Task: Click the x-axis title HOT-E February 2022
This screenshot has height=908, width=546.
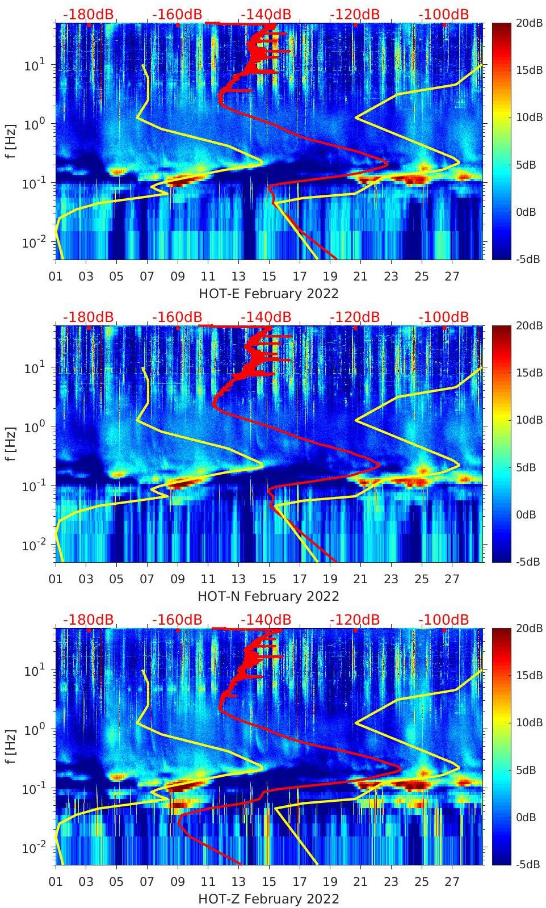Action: point(268,294)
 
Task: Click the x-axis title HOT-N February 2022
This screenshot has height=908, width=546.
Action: point(268,596)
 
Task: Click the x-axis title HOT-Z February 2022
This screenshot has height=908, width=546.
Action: point(268,899)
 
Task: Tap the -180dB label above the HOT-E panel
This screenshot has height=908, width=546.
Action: point(88,14)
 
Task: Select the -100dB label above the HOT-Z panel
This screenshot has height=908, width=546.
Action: point(444,620)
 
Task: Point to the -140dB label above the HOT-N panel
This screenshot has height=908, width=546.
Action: point(266,317)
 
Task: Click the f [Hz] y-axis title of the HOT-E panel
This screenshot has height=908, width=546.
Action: point(10,141)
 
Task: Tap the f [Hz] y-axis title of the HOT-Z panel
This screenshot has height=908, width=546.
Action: point(10,746)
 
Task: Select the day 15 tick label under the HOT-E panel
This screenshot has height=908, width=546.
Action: point(269,277)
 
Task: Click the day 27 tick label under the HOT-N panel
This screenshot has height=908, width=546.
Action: point(452,579)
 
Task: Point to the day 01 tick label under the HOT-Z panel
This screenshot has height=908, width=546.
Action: point(56,882)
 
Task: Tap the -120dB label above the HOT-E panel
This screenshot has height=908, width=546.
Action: point(355,14)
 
